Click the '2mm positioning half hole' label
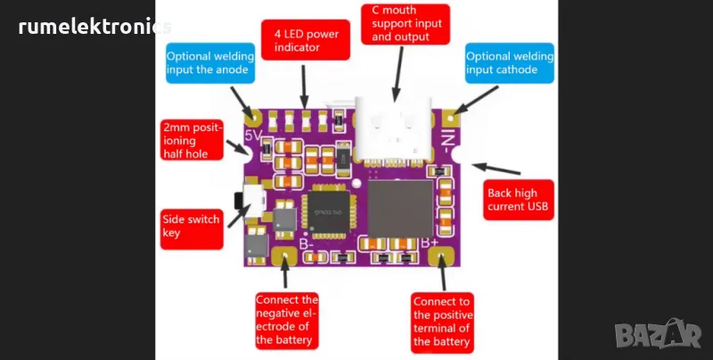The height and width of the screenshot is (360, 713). coord(190,141)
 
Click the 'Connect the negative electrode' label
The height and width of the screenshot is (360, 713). coord(286,319)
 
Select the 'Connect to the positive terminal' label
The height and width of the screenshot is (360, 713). coord(443,322)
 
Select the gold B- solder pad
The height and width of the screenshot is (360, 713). coord(287,259)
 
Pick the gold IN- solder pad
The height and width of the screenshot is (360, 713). coord(452,117)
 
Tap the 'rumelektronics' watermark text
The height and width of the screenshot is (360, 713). coord(94,28)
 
